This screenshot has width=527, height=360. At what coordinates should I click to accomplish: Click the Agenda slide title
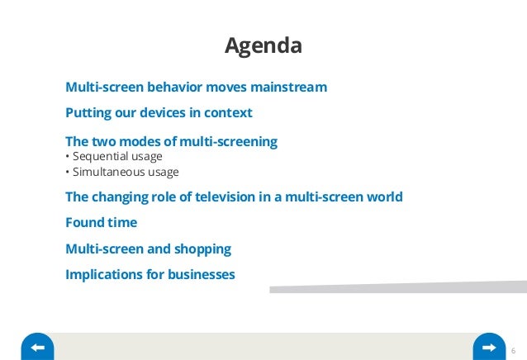click(263, 45)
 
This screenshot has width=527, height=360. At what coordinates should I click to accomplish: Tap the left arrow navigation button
click(37, 348)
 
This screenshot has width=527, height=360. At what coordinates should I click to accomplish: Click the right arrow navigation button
click(489, 348)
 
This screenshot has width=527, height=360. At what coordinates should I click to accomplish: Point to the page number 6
click(514, 348)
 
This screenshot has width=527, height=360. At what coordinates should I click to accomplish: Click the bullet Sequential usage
click(113, 156)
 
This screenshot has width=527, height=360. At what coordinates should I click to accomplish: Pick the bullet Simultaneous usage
click(121, 172)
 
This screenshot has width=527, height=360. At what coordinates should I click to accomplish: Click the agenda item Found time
click(101, 223)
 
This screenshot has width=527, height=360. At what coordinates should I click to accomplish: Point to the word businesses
click(202, 274)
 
